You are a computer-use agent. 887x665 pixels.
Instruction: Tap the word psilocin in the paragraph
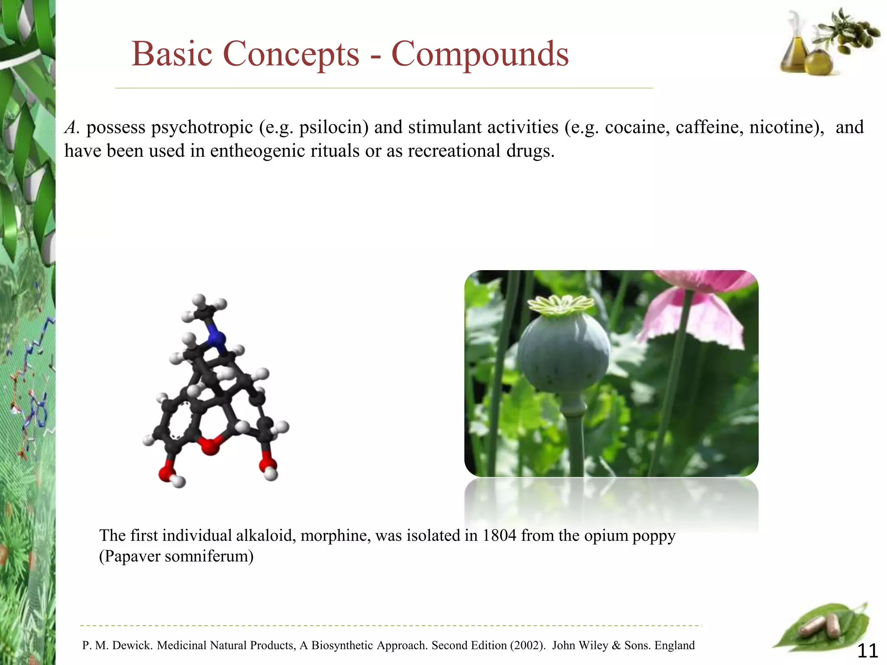pos(333,127)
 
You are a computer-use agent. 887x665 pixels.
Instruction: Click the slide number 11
pos(868,651)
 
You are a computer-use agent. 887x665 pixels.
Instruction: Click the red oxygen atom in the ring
pos(210,446)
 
